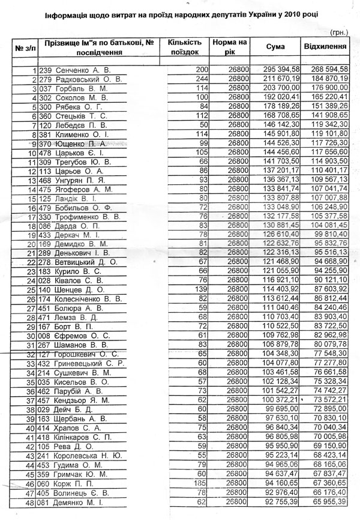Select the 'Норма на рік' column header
(x=229, y=47)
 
